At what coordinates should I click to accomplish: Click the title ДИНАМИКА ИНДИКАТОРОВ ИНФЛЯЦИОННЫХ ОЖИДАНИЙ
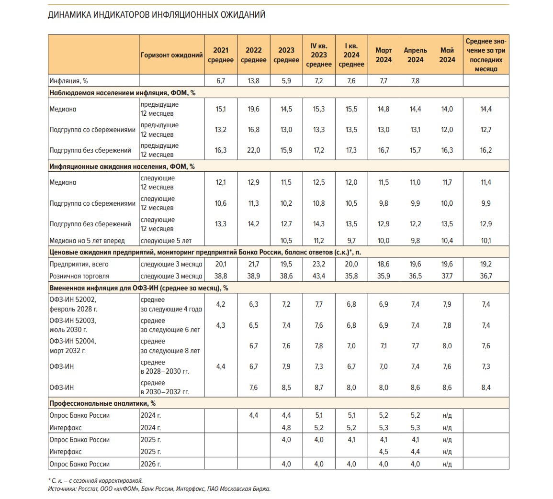click(x=156, y=15)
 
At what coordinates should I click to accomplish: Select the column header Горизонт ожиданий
click(x=171, y=55)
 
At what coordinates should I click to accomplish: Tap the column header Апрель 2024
click(x=415, y=55)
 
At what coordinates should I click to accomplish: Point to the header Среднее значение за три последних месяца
click(x=485, y=55)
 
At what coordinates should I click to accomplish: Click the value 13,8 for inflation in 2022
click(x=253, y=81)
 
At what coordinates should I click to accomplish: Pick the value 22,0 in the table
click(x=253, y=150)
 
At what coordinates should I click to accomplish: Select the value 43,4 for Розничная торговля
click(x=318, y=276)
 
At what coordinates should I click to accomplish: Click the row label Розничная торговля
click(x=79, y=276)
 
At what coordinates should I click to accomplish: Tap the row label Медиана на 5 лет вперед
click(x=87, y=241)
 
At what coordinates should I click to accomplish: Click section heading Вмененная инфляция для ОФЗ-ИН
click(x=138, y=288)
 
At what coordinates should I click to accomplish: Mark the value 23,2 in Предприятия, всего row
click(x=318, y=264)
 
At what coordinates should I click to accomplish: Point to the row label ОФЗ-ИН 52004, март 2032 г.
click(x=73, y=346)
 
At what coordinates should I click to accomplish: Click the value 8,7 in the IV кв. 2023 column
click(x=318, y=388)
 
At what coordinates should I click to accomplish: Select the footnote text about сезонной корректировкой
click(x=95, y=480)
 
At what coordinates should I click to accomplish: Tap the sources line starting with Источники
click(x=159, y=488)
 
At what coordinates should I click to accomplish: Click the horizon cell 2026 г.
click(x=150, y=464)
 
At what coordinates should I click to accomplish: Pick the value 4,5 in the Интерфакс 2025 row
click(x=383, y=452)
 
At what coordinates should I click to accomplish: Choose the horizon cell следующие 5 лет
click(x=166, y=241)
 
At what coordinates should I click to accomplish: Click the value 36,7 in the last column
click(x=485, y=276)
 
